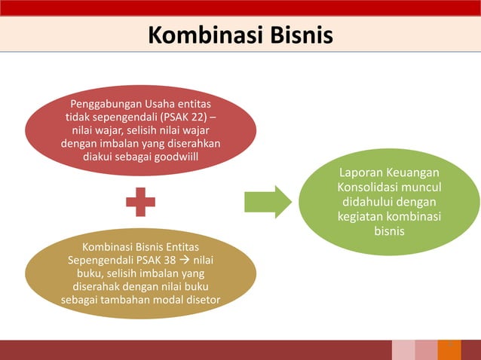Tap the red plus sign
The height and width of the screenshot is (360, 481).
(140, 201)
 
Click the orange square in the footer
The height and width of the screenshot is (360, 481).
(449, 350)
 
